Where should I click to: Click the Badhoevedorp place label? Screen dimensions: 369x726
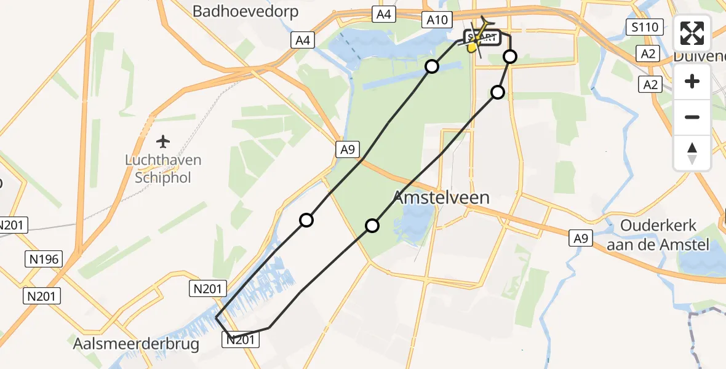245,11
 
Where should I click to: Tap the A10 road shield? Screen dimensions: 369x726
436,20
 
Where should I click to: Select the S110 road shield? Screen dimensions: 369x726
645,27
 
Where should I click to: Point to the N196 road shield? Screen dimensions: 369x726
44,260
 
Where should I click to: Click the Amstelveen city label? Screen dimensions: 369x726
441,198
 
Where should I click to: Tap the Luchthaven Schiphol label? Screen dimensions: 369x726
164,169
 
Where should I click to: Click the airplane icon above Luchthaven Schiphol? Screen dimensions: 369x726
163,142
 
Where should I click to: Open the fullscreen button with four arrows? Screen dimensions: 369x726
692,33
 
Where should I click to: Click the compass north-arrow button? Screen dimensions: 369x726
692,153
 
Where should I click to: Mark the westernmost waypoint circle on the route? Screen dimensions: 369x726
306,220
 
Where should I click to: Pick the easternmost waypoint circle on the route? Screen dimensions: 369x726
510,57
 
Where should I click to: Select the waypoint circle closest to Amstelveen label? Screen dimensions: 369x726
372,226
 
